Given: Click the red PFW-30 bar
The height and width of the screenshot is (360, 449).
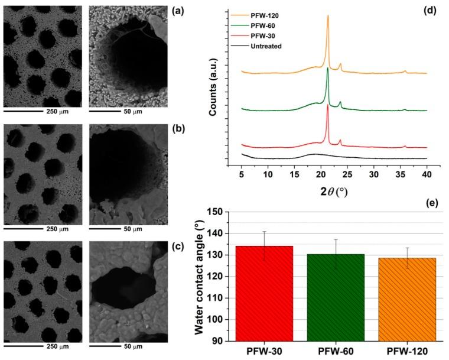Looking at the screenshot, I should tap(264, 293).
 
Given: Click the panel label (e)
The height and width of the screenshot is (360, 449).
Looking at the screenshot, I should tap(425, 203).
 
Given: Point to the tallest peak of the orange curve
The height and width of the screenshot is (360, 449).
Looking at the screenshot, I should tap(328, 17).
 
